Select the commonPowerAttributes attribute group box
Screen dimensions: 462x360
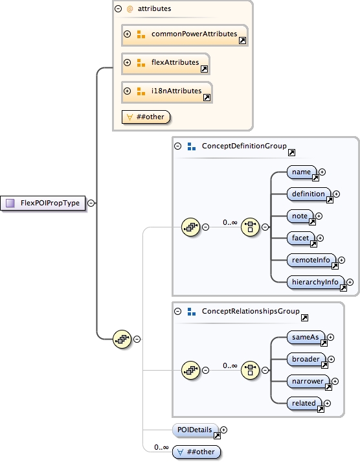(185, 34)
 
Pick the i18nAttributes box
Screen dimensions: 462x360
(166, 91)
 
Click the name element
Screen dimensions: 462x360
(302, 172)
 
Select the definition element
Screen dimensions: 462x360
(309, 194)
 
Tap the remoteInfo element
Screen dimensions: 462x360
(311, 260)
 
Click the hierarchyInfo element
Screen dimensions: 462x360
(315, 282)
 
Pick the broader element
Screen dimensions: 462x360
(306, 359)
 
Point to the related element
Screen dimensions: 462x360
(304, 403)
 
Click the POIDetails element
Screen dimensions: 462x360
(192, 429)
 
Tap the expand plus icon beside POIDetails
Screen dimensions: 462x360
(225, 429)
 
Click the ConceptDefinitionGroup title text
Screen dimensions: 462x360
(244, 146)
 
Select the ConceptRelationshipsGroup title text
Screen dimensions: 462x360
(251, 312)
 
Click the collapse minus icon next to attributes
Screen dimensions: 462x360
(118, 9)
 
